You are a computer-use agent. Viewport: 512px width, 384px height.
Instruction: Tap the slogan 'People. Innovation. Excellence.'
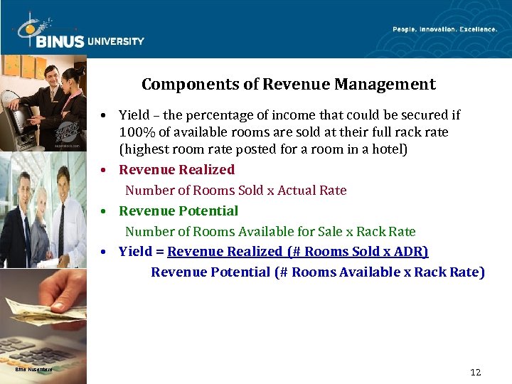tap(445, 29)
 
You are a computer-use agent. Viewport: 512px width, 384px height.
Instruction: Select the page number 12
tap(476, 373)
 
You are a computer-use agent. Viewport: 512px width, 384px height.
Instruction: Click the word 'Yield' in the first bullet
tap(133, 115)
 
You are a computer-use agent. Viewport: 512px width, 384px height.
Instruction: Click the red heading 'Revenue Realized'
tap(176, 170)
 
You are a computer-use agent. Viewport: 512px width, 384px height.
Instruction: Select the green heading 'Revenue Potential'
tap(178, 211)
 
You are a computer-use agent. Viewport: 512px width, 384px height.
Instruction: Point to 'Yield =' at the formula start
tap(141, 252)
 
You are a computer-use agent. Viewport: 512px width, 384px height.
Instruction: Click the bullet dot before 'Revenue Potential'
tap(104, 212)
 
